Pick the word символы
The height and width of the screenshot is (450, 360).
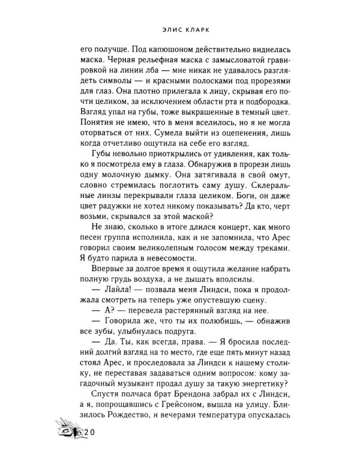point(105,90)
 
